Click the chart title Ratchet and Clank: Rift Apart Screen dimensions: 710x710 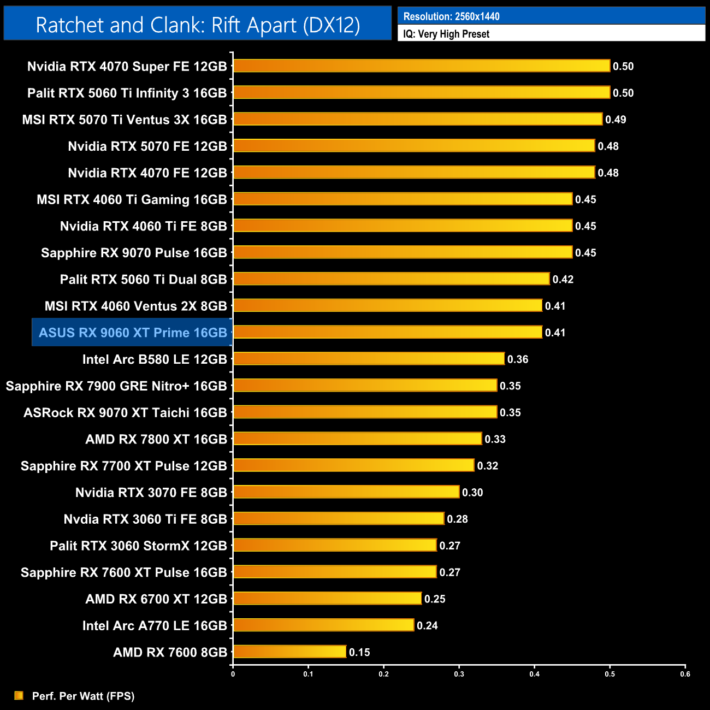click(198, 25)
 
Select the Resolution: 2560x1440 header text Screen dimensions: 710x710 click(451, 16)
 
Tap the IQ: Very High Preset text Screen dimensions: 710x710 click(446, 34)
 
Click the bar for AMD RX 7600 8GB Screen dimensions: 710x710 click(289, 652)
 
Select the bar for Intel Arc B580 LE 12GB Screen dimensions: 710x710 click(369, 359)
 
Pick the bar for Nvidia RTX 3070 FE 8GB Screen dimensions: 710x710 click(346, 492)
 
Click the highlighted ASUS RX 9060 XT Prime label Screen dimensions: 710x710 click(133, 333)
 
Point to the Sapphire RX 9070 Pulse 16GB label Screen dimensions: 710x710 click(134, 253)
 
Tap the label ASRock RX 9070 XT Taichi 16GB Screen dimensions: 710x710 click(125, 412)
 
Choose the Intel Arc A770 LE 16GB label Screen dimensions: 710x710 click(155, 625)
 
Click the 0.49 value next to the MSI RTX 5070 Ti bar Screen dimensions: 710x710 click(616, 120)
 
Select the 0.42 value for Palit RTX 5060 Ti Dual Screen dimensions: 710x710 click(563, 280)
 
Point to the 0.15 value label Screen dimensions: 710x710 click(359, 652)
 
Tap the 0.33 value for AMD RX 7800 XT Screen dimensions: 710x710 click(495, 439)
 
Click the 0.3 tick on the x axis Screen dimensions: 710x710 click(459, 674)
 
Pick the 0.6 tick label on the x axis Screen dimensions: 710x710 click(685, 674)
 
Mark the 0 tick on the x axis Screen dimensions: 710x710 click(233, 674)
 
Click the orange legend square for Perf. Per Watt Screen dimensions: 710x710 click(19, 695)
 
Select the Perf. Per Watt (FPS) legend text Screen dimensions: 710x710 click(83, 696)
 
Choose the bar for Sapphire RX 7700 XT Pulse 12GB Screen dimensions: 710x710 click(353, 465)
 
